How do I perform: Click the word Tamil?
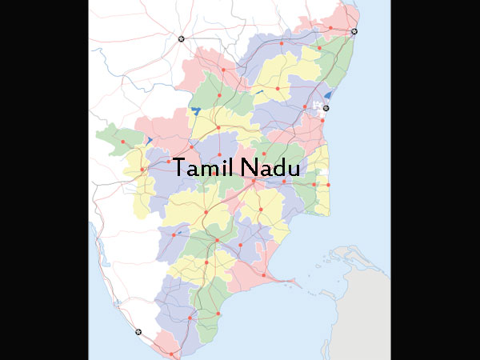tap(199, 169)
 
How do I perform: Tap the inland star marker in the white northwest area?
tap(181, 38)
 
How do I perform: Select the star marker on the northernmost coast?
tap(354, 32)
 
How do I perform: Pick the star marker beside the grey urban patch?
tap(326, 107)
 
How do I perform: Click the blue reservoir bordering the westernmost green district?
tap(149, 141)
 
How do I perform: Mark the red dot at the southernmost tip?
tap(171, 352)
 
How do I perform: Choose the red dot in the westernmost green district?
tap(123, 142)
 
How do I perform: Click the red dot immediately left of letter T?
tap(169, 162)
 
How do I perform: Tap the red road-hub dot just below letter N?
tap(254, 182)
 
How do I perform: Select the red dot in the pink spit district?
tap(262, 274)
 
